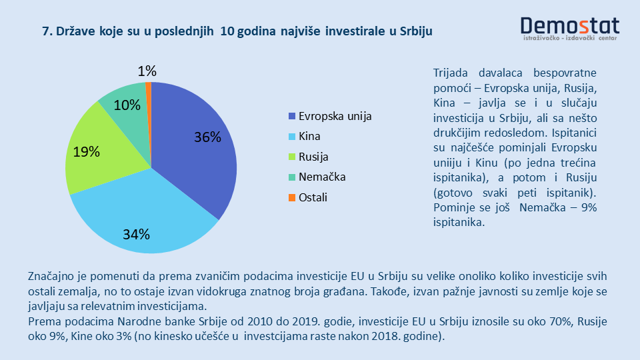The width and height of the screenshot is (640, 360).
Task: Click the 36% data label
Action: [207, 137]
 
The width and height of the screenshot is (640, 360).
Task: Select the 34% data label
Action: [136, 234]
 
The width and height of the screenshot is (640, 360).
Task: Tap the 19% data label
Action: [87, 152]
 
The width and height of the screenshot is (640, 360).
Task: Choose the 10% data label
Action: [127, 105]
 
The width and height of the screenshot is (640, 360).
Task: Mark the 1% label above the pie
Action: [147, 71]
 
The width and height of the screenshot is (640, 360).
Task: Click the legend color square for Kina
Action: [291, 137]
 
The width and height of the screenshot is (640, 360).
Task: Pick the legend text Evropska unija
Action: [335, 116]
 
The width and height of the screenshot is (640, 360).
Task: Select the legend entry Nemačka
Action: [322, 177]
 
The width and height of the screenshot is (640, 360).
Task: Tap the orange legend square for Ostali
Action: [291, 197]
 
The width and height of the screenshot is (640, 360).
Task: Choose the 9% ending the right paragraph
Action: [587, 208]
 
